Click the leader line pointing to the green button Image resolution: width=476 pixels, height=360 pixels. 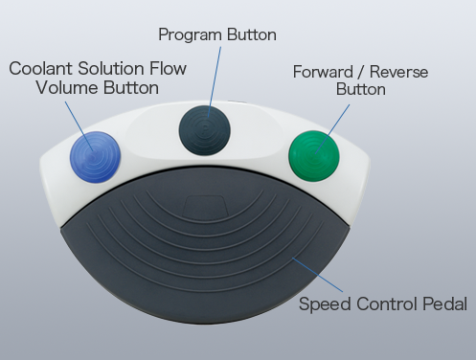point(341,115)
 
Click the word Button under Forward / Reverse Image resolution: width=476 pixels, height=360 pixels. point(361,90)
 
